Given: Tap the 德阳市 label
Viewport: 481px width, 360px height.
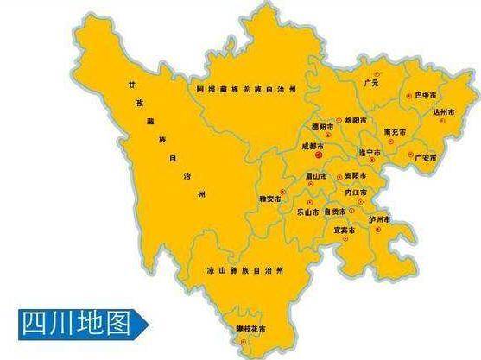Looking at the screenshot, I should pyautogui.click(x=320, y=126).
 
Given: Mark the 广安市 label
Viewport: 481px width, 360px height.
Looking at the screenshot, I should pyautogui.click(x=426, y=158).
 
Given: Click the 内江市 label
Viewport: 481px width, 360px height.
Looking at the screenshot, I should pyautogui.click(x=356, y=192).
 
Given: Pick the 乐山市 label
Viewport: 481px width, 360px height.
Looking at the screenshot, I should pyautogui.click(x=307, y=212).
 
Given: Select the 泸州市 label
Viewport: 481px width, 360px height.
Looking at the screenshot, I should pyautogui.click(x=380, y=220).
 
